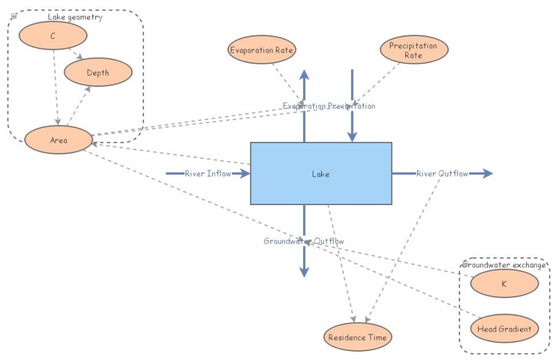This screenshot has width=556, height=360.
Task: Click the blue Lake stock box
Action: pos(320,174)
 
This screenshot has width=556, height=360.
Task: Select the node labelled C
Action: pos(53,35)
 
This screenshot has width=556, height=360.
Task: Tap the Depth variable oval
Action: pos(97,72)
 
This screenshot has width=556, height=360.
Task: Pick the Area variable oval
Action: pos(58,140)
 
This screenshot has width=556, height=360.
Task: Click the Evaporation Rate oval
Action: pos(262,50)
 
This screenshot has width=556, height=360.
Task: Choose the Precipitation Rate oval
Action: pos(414,50)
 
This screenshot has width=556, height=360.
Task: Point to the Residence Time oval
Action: pos(358,337)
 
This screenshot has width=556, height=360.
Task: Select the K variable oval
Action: pos(504,284)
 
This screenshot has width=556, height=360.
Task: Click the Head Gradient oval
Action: pos(504,329)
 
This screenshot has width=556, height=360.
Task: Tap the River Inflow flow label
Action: pos(204,173)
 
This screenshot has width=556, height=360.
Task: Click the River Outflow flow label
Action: pos(442,173)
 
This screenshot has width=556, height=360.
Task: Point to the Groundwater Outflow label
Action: pos(304,241)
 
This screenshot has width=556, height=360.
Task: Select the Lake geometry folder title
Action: pos(75,17)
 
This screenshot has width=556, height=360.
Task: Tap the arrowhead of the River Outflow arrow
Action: pos(488,173)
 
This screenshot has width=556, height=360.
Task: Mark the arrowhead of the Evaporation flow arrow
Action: pos(304,74)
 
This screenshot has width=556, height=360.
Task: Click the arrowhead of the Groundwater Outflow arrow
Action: pos(304,272)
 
